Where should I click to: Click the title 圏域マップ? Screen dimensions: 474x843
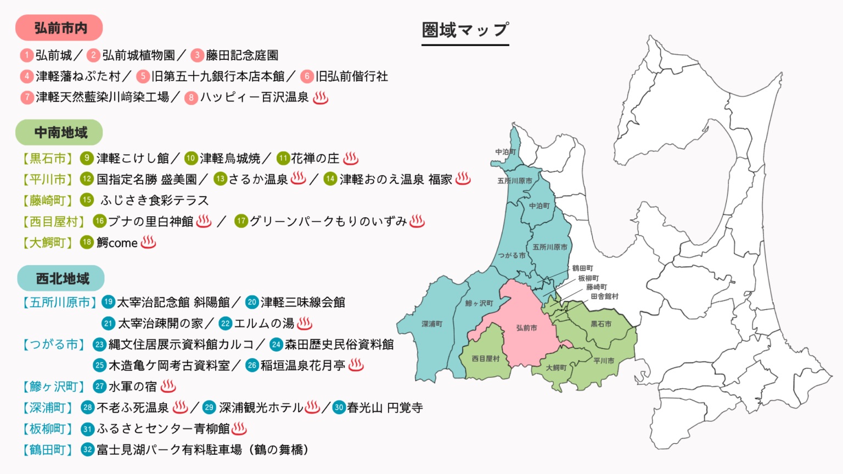coord(465,30)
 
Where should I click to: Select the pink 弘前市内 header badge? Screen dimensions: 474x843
coord(59,28)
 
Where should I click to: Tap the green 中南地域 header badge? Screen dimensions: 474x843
coord(59,132)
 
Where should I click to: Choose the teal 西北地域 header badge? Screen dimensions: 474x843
coord(61,279)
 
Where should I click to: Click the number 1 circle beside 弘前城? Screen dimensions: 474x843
coord(26,55)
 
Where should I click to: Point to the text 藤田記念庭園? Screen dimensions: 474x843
coord(242,55)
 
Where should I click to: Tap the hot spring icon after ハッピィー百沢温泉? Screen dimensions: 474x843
coord(321,98)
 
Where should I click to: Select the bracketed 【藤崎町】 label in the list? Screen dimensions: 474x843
coord(47,200)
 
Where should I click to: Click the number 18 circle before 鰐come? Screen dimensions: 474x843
coord(87,242)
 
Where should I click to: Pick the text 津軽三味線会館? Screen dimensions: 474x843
coord(303,302)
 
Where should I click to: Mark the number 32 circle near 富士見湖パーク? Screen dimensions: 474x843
coord(87,450)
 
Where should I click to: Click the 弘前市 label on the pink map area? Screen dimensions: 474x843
coord(526,328)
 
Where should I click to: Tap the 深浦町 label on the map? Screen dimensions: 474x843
coord(432,324)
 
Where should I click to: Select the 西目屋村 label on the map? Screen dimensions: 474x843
coord(486,359)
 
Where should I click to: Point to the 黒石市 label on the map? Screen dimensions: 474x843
coord(601,324)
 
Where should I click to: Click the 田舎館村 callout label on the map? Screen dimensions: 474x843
coord(604,296)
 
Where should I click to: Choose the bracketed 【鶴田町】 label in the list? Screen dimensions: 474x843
coord(47,450)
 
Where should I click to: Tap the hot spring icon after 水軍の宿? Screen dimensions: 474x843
coord(168,386)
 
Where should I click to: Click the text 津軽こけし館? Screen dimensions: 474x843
coord(133,159)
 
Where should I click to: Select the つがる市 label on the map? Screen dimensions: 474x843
coord(512,256)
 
